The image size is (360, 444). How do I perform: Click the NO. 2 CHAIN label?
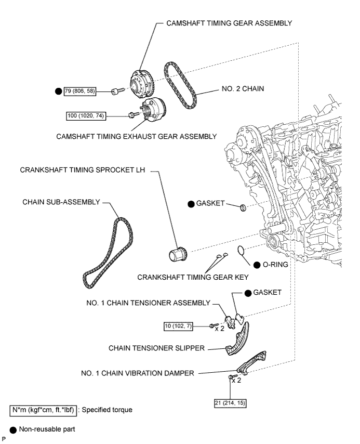[243, 88]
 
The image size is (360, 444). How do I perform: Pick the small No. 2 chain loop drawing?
[180, 85]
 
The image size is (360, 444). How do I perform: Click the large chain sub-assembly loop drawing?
[108, 253]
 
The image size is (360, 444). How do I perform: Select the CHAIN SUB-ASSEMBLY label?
[61, 202]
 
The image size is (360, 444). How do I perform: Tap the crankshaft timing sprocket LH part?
[177, 253]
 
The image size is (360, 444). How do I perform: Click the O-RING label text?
[275, 265]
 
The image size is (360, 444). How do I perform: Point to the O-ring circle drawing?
[241, 250]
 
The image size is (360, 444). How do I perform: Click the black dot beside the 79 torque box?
[58, 91]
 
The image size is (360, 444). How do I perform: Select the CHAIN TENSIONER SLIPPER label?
[156, 348]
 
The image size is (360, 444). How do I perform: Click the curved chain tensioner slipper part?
[237, 338]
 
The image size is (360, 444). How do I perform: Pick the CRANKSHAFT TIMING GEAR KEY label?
[193, 277]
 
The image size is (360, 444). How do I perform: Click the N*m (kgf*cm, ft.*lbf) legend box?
[43, 410]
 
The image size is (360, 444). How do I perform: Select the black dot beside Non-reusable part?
[14, 430]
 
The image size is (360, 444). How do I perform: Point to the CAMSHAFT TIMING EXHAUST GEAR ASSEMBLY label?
[137, 137]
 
